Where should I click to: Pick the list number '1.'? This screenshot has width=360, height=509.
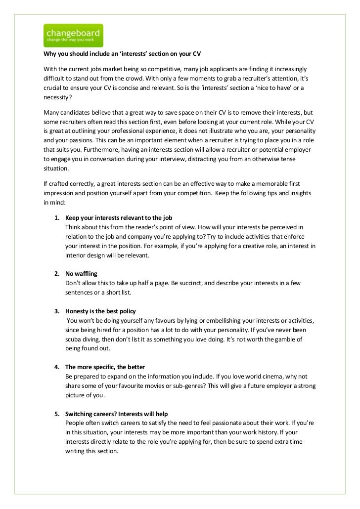tap(57, 218)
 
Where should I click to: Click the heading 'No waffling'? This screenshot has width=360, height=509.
tap(81, 273)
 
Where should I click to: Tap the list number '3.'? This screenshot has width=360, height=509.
tap(57, 311)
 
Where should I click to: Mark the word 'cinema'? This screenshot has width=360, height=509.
tap(264, 376)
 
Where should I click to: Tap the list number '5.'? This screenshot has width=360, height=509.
tap(57, 413)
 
